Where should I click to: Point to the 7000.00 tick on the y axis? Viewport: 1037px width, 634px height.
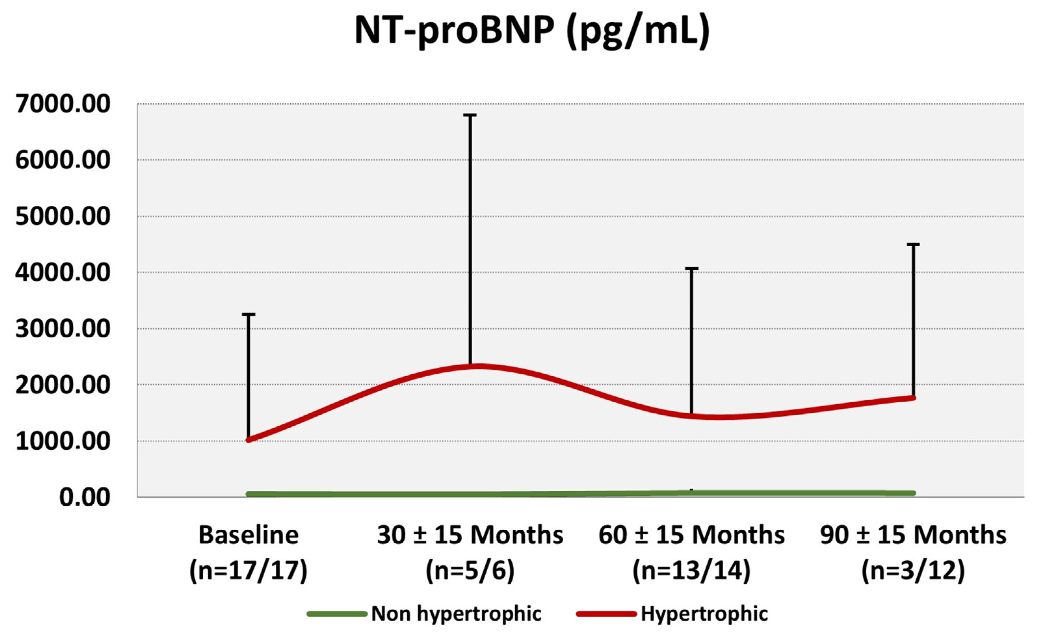coord(63,104)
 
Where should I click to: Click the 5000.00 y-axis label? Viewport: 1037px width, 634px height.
coord(63,217)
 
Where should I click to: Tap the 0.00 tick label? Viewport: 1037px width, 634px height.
coord(84,497)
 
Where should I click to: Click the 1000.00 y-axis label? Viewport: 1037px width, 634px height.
coord(63,441)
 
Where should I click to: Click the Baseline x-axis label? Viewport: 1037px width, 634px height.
coord(248,535)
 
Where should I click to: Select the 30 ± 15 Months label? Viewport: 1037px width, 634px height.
coord(470,535)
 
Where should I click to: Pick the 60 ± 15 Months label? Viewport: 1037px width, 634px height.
coord(691,535)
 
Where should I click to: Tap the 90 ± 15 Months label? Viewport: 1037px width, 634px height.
coord(913,535)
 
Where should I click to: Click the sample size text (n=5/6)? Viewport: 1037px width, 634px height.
coord(470,571)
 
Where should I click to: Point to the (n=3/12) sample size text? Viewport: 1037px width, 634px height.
coord(913,571)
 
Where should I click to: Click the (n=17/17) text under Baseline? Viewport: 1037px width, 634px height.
coord(248,571)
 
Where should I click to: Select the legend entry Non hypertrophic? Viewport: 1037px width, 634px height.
coord(456,614)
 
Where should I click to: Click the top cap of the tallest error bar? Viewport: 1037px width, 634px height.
coord(470,115)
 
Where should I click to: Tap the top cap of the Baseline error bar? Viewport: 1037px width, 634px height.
coord(248,314)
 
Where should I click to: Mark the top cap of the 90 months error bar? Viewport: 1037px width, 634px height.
coord(913,244)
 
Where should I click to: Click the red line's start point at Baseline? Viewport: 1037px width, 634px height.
coord(248,440)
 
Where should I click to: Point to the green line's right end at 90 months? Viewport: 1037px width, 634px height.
coord(913,493)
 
